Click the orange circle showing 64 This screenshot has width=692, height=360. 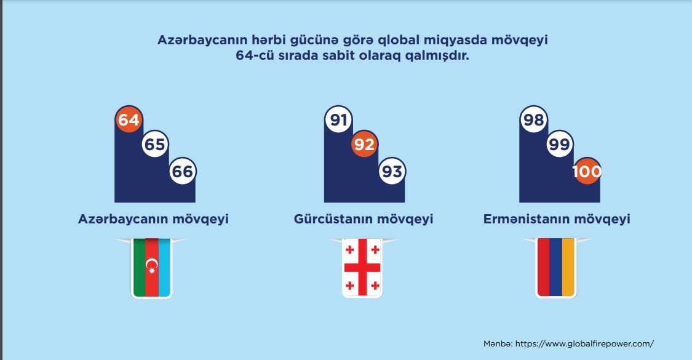pyautogui.click(x=129, y=120)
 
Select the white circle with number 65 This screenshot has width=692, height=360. pyautogui.click(x=155, y=145)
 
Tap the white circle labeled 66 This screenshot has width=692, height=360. pyautogui.click(x=182, y=172)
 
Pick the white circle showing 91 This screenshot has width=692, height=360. pyautogui.click(x=338, y=120)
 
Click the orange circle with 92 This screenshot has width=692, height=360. pyautogui.click(x=365, y=145)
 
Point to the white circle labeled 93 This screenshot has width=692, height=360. pyautogui.click(x=392, y=172)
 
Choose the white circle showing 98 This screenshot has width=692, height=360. pyautogui.click(x=533, y=120)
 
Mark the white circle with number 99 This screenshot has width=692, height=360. pyautogui.click(x=560, y=145)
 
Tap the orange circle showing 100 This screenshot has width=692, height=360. pyautogui.click(x=587, y=172)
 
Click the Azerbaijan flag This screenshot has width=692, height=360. pyautogui.click(x=152, y=267)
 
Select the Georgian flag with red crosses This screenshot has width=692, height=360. pyautogui.click(x=362, y=267)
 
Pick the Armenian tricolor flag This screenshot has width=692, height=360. pyautogui.click(x=555, y=267)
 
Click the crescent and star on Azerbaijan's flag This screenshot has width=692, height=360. pyautogui.click(x=151, y=266)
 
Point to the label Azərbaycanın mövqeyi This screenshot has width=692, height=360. pyautogui.click(x=154, y=219)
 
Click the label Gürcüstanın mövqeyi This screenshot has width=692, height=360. pyautogui.click(x=364, y=219)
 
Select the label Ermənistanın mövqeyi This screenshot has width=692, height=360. pyautogui.click(x=557, y=219)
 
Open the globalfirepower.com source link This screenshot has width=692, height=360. pyautogui.click(x=584, y=343)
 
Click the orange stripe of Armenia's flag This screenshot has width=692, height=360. pyautogui.click(x=568, y=267)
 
